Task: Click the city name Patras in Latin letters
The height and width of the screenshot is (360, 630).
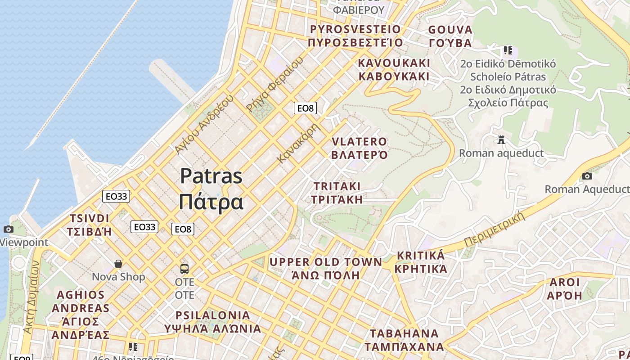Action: pos(211,176)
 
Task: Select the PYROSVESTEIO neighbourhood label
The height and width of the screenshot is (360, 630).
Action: pos(355,30)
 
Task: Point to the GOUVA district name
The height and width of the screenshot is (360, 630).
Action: pos(450,30)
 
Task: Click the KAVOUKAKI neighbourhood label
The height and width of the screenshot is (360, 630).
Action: pos(394,63)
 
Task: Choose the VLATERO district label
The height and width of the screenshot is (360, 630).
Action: pos(359,142)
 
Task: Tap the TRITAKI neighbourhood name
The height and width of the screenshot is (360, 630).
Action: pos(337,186)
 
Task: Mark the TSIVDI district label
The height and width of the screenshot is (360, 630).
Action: pos(90,219)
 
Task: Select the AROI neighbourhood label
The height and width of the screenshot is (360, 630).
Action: pos(565,283)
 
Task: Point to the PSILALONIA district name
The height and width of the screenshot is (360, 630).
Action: pos(212,315)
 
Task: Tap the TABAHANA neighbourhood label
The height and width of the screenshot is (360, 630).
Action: pos(404,334)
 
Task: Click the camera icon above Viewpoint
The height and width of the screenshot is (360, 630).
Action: pos(8,229)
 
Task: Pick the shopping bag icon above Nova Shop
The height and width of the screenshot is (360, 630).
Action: pos(118,264)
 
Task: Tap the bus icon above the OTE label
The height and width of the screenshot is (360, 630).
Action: pos(184,269)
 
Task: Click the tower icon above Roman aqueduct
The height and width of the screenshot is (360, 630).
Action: pos(501,140)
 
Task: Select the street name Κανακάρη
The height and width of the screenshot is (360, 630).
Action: pos(298,143)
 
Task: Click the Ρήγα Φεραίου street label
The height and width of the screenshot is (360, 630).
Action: pos(274,85)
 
